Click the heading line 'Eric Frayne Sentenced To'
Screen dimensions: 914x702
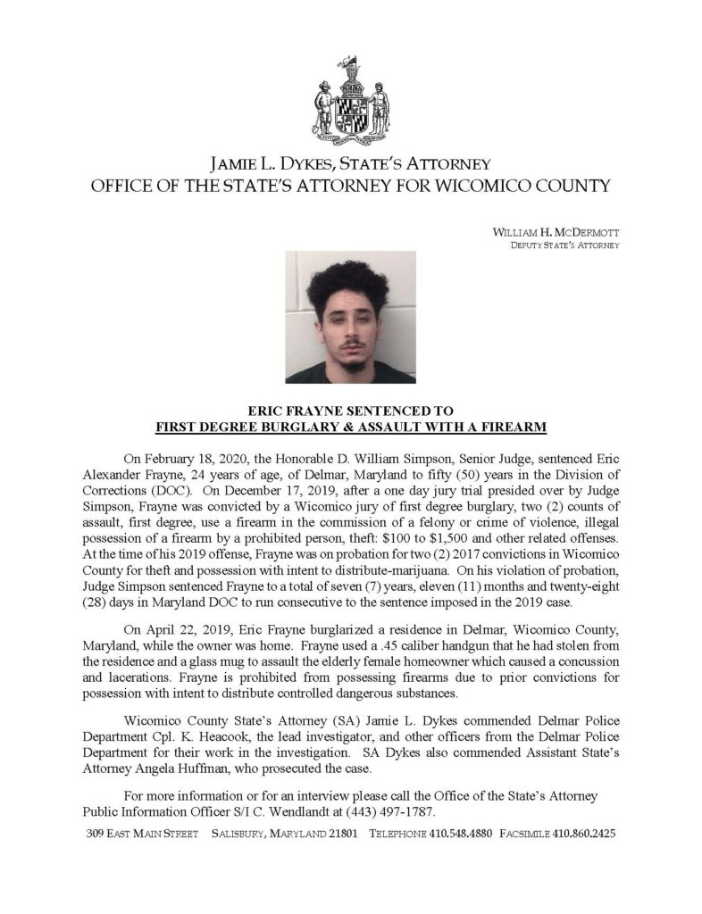[x=350, y=412]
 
